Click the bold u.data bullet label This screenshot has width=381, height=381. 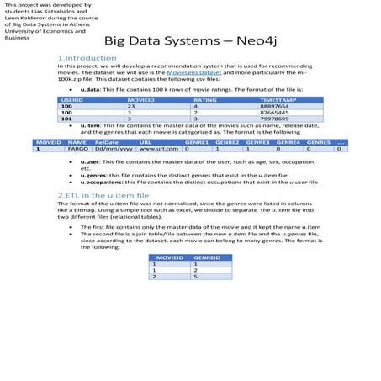(90, 88)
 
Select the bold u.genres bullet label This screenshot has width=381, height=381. (93, 173)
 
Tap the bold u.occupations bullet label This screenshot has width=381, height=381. (100, 181)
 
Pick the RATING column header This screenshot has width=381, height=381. (205, 100)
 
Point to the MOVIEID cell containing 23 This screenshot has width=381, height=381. (131, 107)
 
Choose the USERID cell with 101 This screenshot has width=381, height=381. (66, 119)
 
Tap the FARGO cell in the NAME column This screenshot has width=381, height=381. (77, 149)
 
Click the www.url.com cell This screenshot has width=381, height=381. (158, 149)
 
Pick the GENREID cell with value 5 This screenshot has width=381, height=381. (196, 276)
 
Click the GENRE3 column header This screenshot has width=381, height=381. (257, 142)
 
